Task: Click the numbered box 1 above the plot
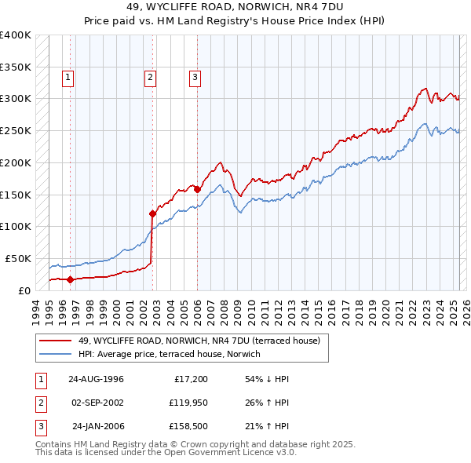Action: click(x=69, y=77)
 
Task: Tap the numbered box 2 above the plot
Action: click(x=149, y=77)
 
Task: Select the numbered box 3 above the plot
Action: click(x=194, y=77)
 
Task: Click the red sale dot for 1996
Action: click(x=71, y=279)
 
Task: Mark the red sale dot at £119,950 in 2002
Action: click(x=153, y=213)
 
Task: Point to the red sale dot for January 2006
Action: click(x=197, y=189)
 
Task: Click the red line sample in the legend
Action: click(x=55, y=341)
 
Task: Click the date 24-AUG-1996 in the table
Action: click(x=97, y=379)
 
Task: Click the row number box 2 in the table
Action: click(x=39, y=403)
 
